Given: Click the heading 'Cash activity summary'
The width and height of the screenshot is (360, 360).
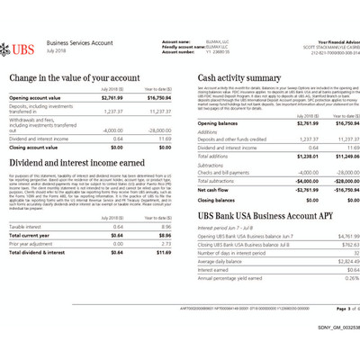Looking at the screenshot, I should (238, 78).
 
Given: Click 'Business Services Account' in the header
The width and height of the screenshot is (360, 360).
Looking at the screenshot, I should (80, 43).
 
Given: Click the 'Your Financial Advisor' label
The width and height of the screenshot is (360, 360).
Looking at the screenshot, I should (333, 40).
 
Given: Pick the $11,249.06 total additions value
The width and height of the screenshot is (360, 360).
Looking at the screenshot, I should (332, 156).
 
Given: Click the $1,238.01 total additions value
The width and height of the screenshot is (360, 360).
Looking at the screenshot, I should (282, 156).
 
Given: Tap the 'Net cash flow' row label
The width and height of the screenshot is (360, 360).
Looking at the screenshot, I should (214, 191).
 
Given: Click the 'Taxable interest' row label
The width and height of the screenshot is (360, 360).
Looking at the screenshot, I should (26, 227).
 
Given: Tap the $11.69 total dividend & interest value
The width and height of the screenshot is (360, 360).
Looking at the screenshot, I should (161, 252).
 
